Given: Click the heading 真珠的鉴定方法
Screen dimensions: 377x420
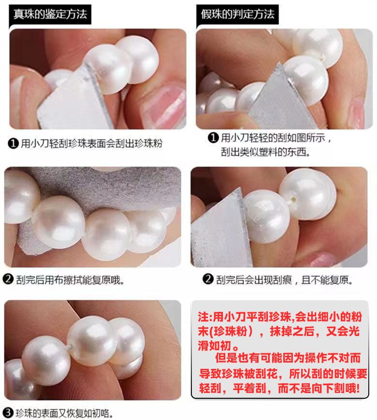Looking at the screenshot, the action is tap(50, 14).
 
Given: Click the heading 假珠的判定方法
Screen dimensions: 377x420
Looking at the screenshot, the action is tap(238, 14).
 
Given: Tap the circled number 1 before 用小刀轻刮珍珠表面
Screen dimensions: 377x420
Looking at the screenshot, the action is tap(14, 143).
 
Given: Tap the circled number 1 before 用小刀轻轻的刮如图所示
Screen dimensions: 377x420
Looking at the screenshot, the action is tap(213, 138).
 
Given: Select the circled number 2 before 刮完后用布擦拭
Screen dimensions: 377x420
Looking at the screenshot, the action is tap(8, 280).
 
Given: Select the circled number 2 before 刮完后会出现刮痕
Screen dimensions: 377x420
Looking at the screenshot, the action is tap(208, 279).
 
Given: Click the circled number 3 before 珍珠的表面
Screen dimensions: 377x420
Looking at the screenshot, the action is tap(8, 412).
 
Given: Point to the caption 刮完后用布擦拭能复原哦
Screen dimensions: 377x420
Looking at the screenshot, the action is tap(70, 280).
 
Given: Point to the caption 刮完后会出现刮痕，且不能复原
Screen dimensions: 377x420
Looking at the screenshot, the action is tap(284, 280).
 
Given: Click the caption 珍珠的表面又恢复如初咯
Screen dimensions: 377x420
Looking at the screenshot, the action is tap(64, 413).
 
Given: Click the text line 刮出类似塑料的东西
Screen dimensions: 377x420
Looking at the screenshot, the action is tap(266, 152).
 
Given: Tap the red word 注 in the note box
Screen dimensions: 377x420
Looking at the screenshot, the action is tap(203, 317).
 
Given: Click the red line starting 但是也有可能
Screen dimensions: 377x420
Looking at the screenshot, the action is tap(288, 358).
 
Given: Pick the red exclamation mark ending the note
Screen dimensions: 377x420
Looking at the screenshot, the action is tap(357, 388).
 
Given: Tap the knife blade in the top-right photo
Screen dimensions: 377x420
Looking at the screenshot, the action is tap(282, 102).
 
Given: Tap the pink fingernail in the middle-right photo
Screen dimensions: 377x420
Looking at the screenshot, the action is tap(322, 260).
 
